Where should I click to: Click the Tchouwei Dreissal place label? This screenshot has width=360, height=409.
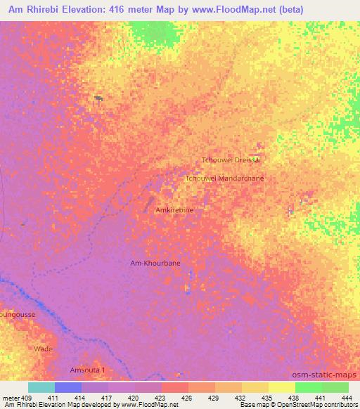tap(231, 160)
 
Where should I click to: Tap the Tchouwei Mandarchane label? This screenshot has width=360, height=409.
tap(224, 178)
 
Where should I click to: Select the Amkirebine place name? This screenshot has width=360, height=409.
tap(174, 209)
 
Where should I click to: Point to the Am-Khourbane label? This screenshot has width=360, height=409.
tap(155, 263)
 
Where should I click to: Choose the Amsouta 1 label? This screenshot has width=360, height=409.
tap(87, 370)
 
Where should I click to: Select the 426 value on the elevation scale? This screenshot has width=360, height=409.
tap(186, 398)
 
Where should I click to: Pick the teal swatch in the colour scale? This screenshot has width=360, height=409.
tap(41, 387)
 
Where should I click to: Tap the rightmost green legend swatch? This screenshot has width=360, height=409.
tap(335, 387)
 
